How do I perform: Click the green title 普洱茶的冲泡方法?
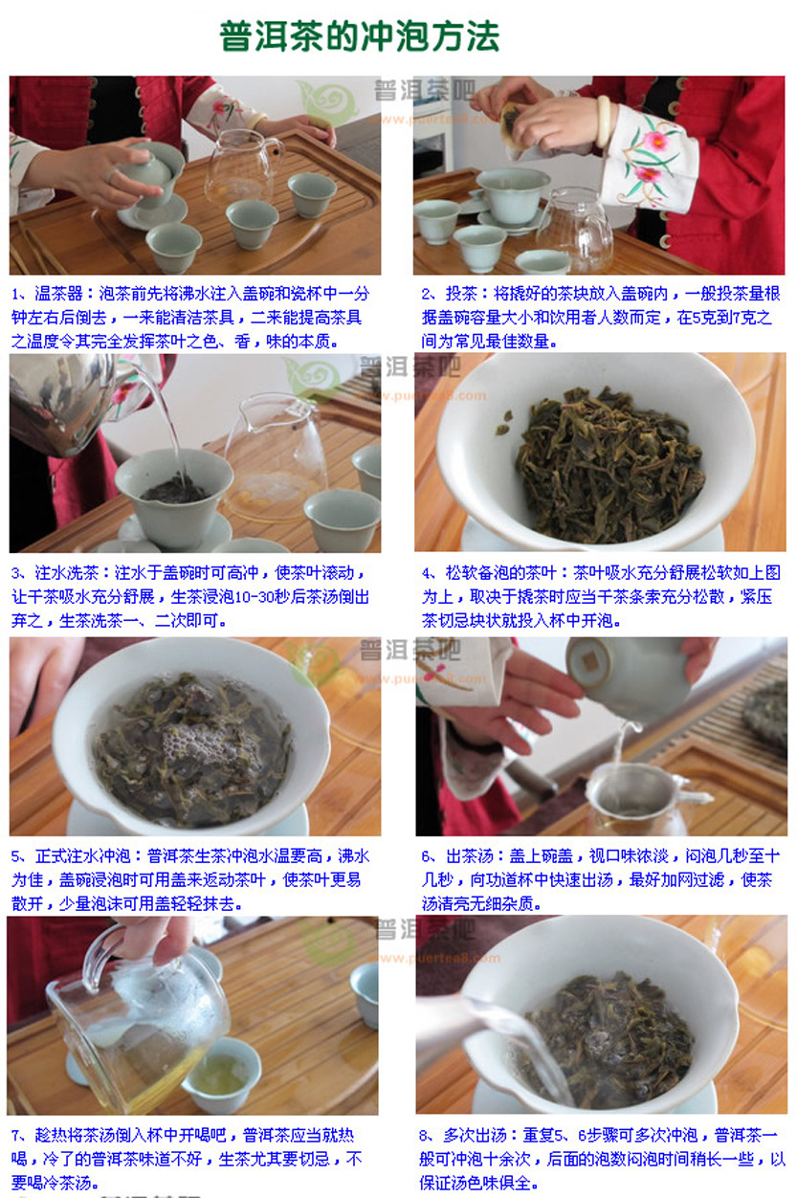click(360, 36)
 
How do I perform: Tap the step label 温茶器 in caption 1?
click(58, 294)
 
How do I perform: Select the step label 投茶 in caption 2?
click(461, 294)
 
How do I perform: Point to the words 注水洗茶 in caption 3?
click(67, 573)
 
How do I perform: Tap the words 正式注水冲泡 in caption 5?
click(83, 856)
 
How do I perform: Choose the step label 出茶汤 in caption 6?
click(470, 856)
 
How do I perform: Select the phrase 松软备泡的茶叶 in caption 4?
click(501, 573)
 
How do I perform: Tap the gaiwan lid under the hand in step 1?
click(147, 170)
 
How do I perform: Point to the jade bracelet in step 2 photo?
click(606, 122)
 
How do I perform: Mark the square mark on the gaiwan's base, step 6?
click(590, 661)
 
